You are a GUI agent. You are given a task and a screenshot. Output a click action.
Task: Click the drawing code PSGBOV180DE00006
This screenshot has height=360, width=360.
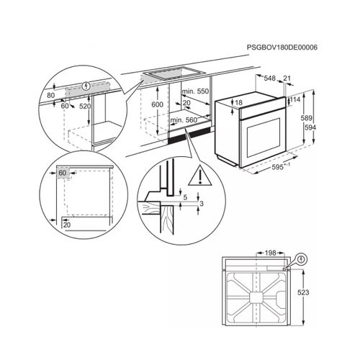[x=282, y=48]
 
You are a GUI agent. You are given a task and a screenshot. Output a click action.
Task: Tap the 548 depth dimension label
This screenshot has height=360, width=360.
[x=270, y=78]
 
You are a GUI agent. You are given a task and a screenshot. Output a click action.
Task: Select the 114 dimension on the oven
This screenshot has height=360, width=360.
[x=295, y=99]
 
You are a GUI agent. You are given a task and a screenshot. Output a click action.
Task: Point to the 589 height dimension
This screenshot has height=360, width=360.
[x=307, y=118]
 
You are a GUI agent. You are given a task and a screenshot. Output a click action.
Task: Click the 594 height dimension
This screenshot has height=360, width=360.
[x=310, y=127]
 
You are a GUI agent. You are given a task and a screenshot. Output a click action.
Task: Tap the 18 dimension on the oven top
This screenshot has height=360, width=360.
[x=239, y=102]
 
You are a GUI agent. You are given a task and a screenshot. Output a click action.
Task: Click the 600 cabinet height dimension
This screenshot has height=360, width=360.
[x=157, y=104]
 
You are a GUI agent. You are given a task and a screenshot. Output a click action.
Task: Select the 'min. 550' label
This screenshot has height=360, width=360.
[x=195, y=91]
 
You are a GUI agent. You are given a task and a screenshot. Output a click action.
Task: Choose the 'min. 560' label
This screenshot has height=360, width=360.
[x=184, y=120]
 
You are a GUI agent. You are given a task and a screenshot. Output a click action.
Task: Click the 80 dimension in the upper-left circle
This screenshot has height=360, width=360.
[x=50, y=95]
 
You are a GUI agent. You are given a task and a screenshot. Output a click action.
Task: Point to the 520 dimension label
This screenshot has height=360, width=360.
[x=85, y=106]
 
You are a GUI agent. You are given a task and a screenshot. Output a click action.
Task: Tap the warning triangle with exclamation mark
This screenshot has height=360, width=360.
[x=200, y=176]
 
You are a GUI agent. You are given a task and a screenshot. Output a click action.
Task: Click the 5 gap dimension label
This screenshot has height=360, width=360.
[x=185, y=197]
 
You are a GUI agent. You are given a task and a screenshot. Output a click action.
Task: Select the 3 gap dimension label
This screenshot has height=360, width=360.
[x=202, y=204]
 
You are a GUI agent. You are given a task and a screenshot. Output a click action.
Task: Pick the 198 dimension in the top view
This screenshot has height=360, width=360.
[x=271, y=253]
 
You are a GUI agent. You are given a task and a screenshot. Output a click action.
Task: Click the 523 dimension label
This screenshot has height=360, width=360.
[x=303, y=292]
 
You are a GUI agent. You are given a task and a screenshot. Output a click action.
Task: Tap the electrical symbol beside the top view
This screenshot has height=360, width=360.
[x=302, y=259]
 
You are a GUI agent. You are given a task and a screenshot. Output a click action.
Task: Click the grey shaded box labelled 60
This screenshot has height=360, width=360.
[x=63, y=173]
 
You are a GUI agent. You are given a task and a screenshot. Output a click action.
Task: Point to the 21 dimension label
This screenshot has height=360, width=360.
[x=287, y=78]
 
